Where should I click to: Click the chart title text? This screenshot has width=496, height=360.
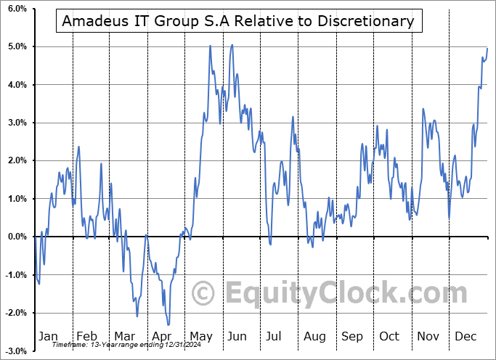(238, 21)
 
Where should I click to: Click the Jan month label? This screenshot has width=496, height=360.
(47, 336)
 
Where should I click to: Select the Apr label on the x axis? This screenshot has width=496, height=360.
(163, 336)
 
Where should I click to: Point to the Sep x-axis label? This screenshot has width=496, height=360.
(352, 336)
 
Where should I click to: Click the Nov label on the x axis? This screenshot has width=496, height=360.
(428, 336)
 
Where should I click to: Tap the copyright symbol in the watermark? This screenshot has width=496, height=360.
(203, 293)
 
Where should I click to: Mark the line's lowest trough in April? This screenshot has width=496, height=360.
(168, 325)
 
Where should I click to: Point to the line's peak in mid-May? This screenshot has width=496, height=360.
(210, 46)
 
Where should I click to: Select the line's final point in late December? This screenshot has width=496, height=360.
(487, 48)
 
